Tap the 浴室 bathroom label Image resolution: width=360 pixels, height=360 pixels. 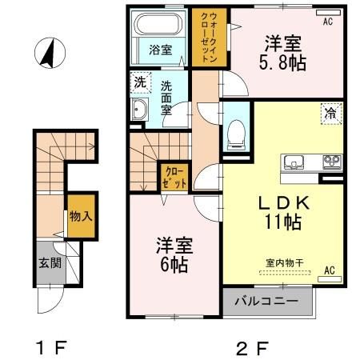160,50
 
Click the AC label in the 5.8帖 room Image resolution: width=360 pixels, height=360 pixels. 327,22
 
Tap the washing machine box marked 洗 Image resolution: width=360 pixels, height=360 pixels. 139,81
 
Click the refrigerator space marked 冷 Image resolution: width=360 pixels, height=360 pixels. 330,113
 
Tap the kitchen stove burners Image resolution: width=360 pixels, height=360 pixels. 330,162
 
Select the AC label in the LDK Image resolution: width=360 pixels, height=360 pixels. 328,271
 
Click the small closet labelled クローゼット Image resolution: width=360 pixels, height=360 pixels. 175,175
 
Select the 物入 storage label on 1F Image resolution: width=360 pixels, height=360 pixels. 78,216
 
